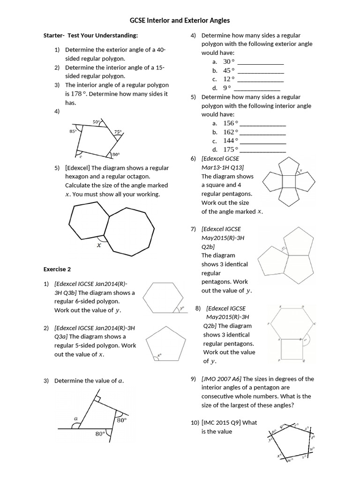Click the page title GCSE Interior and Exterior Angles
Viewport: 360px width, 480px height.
180,21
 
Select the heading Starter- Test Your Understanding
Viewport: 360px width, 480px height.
90,36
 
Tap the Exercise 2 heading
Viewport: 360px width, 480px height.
57,270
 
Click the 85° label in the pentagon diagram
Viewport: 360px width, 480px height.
73,132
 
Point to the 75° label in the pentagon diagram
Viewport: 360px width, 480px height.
118,132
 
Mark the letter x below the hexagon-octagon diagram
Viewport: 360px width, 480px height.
99,244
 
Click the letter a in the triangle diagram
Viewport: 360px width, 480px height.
75,418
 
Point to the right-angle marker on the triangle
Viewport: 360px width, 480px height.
97,399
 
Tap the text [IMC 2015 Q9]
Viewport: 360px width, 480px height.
221,422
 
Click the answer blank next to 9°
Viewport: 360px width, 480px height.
257,88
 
